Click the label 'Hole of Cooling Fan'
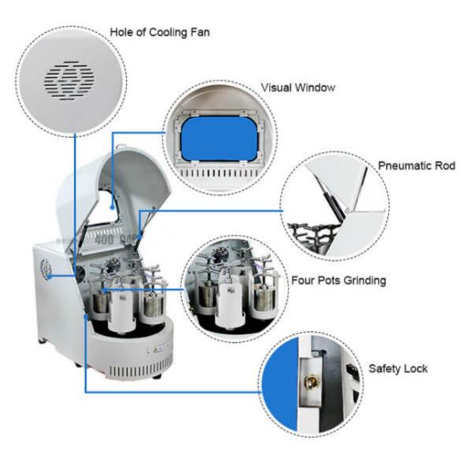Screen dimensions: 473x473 click(x=160, y=32)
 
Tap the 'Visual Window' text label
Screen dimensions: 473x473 click(x=297, y=88)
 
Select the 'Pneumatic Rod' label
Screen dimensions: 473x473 click(x=416, y=166)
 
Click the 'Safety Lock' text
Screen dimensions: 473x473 click(x=398, y=368)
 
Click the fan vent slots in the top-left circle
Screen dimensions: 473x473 click(x=70, y=77)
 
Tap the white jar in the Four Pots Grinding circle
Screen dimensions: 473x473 click(x=229, y=298)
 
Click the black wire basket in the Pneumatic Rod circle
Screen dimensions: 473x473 click(x=311, y=233)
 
